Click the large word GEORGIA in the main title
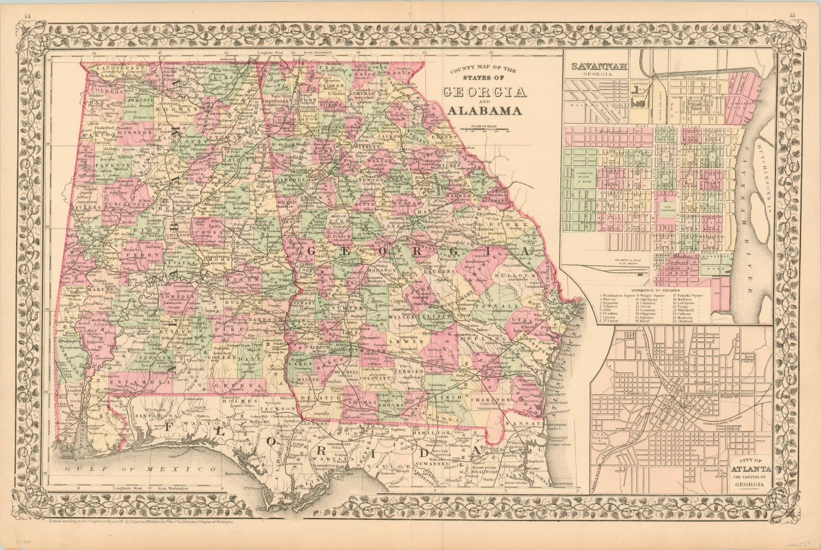pyautogui.click(x=485, y=92)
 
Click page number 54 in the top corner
pyautogui.click(x=27, y=16)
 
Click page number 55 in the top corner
pyautogui.click(x=793, y=16)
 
